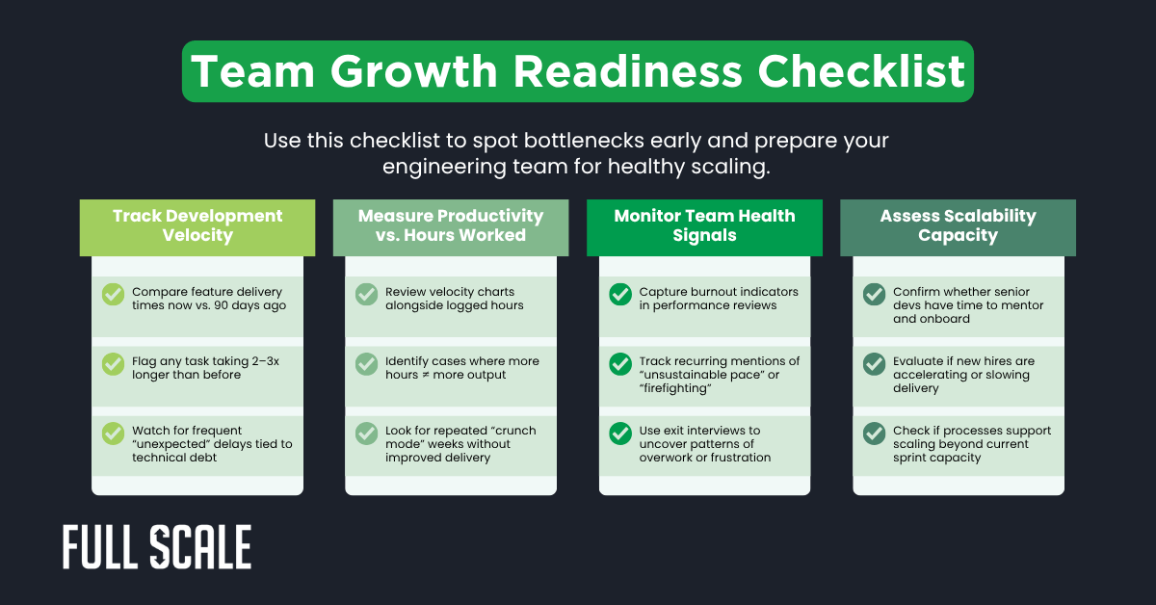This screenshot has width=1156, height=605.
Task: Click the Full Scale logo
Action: point(157,547)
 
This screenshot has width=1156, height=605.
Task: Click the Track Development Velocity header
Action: point(197,226)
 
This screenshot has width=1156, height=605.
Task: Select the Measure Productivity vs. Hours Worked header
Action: point(451,226)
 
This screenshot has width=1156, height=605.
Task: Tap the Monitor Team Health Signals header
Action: point(704,226)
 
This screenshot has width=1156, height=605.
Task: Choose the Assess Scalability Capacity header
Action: point(958,226)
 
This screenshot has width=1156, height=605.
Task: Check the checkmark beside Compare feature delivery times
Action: point(113,294)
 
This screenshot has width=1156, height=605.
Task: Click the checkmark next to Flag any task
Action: point(113,364)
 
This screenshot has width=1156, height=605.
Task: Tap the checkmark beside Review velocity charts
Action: point(366,294)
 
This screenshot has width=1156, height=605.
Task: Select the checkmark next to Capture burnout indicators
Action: point(620,294)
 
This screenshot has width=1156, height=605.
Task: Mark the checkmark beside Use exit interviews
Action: point(620,434)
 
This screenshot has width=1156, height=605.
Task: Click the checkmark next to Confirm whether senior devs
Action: point(874,294)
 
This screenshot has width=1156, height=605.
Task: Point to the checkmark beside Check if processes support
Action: point(874,434)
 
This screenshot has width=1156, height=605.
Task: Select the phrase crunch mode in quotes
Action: point(492,431)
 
